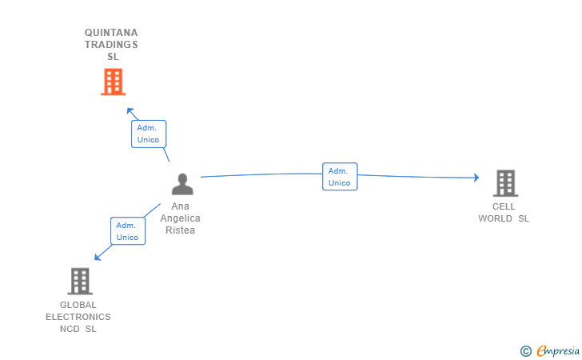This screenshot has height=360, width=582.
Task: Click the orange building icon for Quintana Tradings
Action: pos(113,82)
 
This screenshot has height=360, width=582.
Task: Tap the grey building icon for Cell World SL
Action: pos(504,183)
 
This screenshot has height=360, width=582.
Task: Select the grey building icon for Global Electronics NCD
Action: pos(79,281)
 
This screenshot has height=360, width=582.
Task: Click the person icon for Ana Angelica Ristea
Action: pos(182,185)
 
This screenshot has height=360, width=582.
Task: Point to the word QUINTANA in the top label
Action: pos(111,33)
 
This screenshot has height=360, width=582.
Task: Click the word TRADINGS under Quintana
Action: pos(111,45)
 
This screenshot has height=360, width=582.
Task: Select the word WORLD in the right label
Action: pos(496,218)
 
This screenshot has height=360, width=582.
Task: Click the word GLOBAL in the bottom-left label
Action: pos(78,305)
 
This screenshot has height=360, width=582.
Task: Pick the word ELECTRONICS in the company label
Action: pos(78,317)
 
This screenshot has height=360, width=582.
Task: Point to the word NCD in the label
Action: pos(70,329)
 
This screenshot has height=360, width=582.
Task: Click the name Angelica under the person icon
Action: pos(180,218)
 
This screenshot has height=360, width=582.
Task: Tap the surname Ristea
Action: pos(180,230)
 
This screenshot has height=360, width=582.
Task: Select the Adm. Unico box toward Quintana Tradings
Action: pos(148,134)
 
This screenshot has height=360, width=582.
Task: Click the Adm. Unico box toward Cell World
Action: pos(339,177)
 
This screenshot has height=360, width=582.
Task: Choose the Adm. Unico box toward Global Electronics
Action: pos(127,231)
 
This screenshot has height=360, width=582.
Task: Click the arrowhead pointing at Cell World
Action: pos(476,178)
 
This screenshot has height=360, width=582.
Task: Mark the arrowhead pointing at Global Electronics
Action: pos(98,257)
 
